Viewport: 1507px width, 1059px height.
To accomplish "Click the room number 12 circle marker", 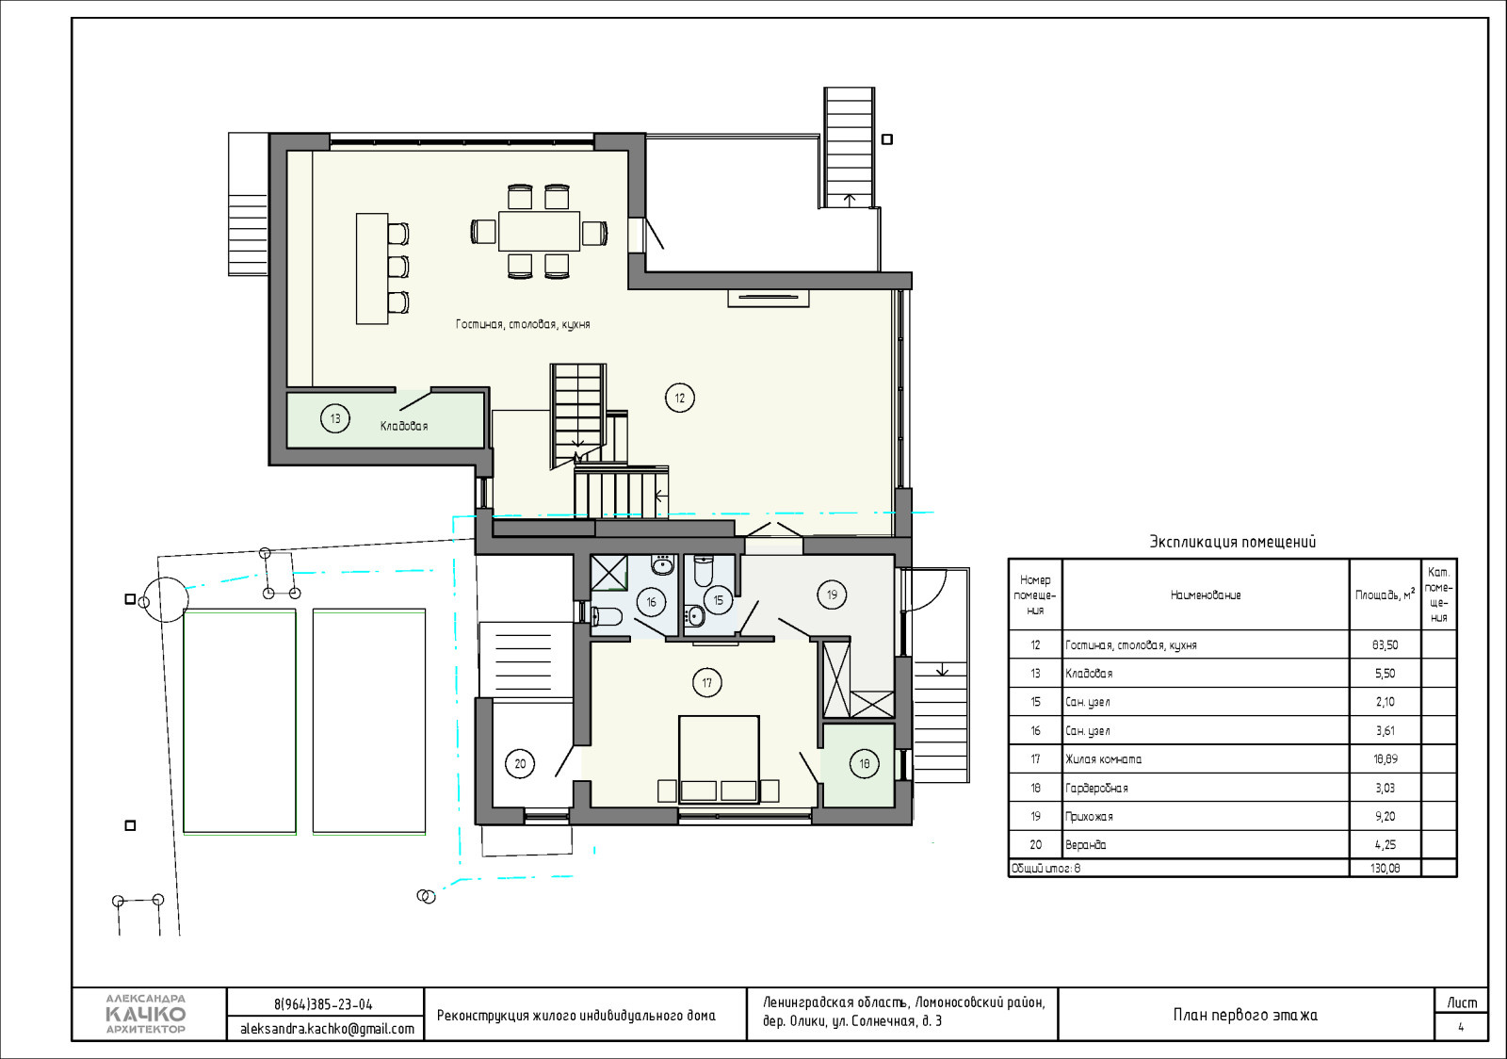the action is [x=679, y=398].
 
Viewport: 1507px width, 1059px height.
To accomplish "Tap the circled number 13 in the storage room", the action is [x=335, y=418].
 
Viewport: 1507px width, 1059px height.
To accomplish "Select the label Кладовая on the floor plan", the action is [x=404, y=426].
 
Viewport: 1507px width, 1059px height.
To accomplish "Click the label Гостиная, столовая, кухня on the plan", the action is [x=523, y=324].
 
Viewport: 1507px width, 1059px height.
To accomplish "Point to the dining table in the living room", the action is [x=539, y=232].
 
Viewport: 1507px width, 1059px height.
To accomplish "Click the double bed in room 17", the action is [x=719, y=759].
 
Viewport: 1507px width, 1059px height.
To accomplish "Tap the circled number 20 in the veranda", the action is [x=520, y=764].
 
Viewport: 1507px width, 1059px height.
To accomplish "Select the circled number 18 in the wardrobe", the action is [x=864, y=764].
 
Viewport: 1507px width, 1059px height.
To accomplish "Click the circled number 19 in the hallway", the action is [x=833, y=595].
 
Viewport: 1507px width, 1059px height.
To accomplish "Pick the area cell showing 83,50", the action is [x=1385, y=644].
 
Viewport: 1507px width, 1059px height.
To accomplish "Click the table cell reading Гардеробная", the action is [x=1096, y=788].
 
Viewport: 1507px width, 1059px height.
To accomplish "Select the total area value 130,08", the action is [x=1385, y=868].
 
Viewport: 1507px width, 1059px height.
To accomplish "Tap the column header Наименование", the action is [x=1206, y=595].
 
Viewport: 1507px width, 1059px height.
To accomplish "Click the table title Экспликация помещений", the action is [x=1233, y=542].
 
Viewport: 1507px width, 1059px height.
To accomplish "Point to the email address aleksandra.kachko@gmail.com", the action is [x=327, y=1029].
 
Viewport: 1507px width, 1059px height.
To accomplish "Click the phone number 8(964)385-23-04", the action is [x=323, y=1004].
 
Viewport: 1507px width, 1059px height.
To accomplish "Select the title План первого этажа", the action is [x=1245, y=1015].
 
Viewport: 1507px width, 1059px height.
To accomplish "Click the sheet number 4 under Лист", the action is [x=1461, y=1027].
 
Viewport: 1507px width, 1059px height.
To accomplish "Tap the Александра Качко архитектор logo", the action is [x=146, y=1014].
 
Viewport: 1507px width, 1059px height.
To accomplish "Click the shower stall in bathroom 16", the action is [x=608, y=573].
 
